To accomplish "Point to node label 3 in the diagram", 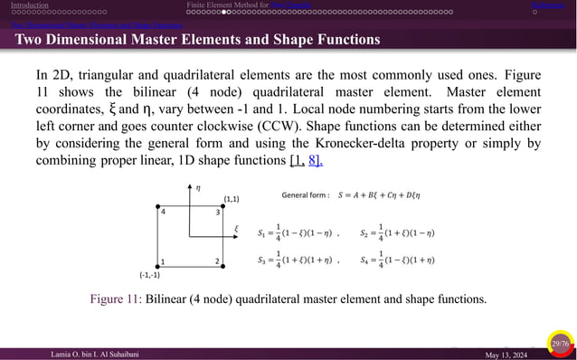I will pos(218,212).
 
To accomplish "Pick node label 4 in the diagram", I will pos(163,212).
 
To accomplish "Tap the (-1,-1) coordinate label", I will pos(149,275).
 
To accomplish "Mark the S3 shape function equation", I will pos(298,261).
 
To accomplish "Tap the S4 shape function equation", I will pos(397,261).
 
